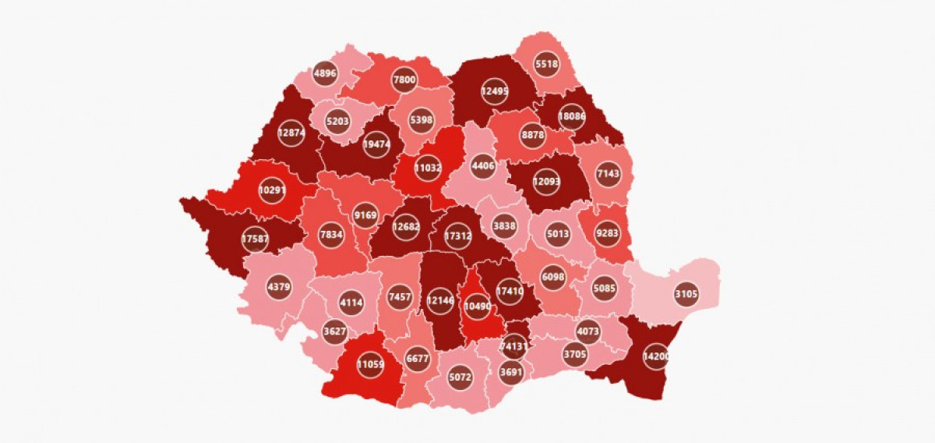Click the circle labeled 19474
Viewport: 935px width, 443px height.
tap(376, 145)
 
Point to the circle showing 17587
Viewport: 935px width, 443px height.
tap(255, 239)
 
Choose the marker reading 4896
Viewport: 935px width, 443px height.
tap(324, 75)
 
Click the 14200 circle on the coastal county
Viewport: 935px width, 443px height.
tap(656, 356)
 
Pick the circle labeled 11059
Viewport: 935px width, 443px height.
tap(370, 363)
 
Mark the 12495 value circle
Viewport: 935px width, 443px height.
tap(494, 91)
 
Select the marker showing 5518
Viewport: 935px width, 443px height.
tap(547, 65)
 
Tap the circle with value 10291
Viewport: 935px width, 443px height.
tap(272, 190)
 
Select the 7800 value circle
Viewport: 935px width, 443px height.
tap(404, 80)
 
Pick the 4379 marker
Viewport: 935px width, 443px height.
tap(279, 286)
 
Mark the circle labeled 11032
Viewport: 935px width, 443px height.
tap(428, 168)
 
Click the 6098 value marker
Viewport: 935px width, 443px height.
tap(554, 277)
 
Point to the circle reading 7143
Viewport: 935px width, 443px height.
tap(608, 173)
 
